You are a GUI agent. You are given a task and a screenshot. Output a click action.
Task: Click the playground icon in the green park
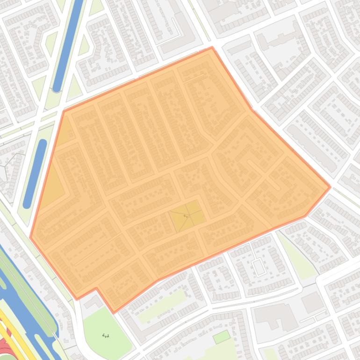(106, 336)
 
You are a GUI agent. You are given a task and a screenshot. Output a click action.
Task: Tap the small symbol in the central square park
(185, 216)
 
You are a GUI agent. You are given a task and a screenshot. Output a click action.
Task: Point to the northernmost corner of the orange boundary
(212, 47)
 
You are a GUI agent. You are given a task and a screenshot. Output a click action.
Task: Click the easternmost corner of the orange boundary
(330, 187)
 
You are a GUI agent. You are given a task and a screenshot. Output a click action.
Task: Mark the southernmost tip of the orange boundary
(113, 312)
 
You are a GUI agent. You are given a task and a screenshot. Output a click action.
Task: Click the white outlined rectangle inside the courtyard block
(259, 267)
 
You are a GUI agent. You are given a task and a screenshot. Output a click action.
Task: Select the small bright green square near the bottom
(222, 337)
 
